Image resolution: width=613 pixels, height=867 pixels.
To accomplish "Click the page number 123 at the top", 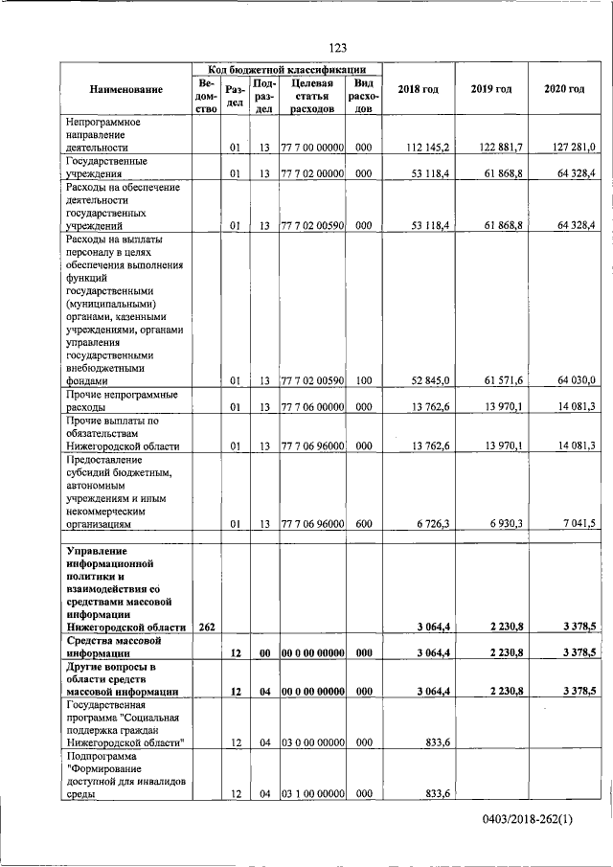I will tap(337, 49).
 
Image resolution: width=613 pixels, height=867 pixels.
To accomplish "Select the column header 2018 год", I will tap(418, 89).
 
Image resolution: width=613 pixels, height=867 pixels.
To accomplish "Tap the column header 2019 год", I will tap(490, 89).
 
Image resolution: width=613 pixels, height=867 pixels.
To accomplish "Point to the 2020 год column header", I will tap(564, 89).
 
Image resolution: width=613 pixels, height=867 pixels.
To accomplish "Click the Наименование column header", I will tap(126, 89).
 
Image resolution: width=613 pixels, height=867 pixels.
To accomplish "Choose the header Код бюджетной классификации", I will tap(286, 70).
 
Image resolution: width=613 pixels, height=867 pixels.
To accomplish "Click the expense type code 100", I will tap(362, 380).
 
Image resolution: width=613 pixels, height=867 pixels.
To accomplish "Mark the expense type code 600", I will tap(362, 524).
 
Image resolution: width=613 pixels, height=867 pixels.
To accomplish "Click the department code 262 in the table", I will tap(206, 627).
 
